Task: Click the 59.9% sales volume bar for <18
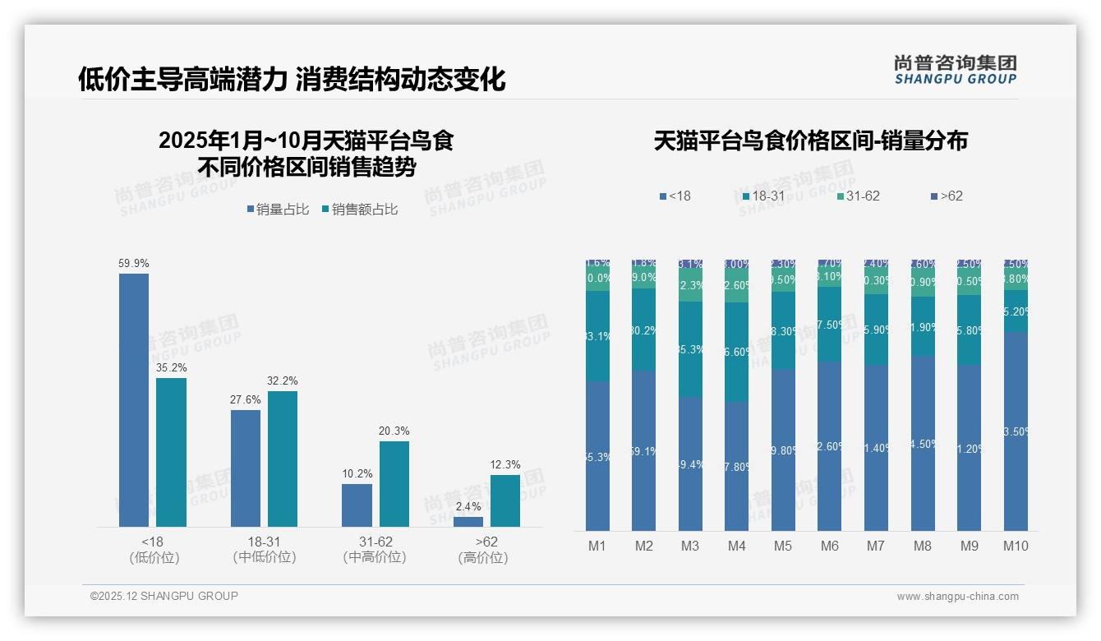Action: click(134, 399)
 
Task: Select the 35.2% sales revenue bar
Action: click(171, 452)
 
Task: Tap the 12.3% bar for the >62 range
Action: click(504, 500)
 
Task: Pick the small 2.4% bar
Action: click(468, 521)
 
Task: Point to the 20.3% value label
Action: click(394, 431)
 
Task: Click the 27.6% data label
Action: click(245, 400)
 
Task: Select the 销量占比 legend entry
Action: click(278, 210)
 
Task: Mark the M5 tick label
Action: click(783, 546)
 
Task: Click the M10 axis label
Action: click(1016, 546)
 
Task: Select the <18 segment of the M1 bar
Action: click(597, 455)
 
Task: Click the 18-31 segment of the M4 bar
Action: click(736, 352)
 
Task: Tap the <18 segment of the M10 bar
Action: click(1016, 431)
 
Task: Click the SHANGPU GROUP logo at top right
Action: click(955, 70)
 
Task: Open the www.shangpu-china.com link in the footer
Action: click(957, 597)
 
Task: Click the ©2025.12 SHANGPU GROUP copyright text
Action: click(164, 596)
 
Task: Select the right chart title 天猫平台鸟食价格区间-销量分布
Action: click(810, 141)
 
